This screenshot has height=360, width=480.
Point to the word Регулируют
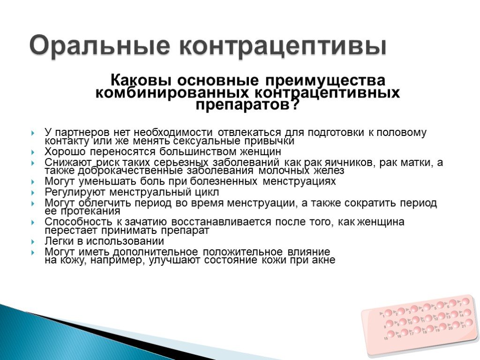coord(72,192)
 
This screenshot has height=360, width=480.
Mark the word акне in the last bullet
coord(323,261)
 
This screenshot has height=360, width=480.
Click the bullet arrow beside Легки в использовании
coord(32,242)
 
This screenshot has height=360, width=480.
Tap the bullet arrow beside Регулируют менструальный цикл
coord(32,193)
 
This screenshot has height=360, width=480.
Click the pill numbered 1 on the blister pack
coord(389,313)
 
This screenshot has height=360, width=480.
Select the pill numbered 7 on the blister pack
coord(465,301)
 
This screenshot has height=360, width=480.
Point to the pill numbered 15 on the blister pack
coord(391,334)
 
